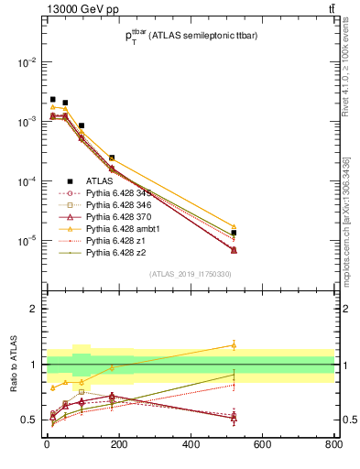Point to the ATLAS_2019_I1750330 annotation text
pos(190,274)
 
